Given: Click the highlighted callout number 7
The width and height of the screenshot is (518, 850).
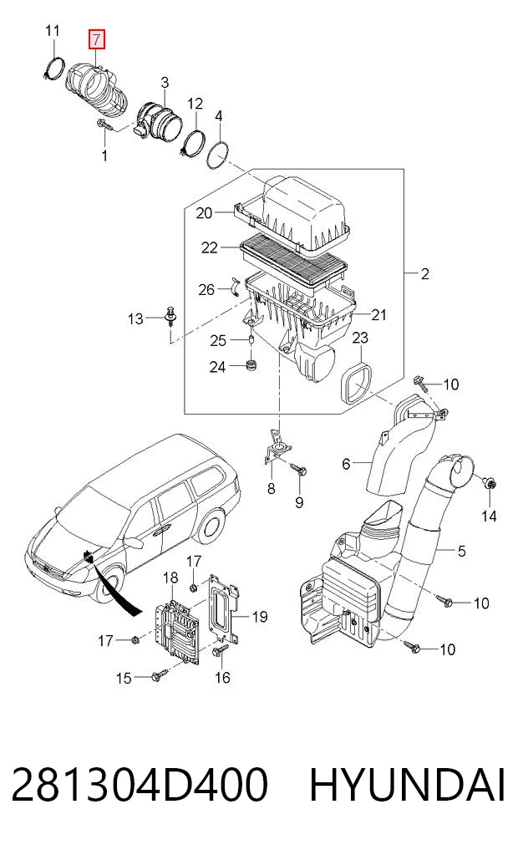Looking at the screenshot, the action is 96,39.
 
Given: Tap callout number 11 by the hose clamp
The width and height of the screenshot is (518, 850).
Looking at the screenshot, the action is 52,30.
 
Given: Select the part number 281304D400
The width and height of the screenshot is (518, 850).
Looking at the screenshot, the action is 140,785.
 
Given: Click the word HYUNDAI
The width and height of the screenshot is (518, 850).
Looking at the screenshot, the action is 408,785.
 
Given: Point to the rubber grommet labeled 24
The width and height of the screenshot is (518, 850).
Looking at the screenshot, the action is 251,365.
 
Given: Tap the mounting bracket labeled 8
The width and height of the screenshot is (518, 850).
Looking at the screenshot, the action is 277,446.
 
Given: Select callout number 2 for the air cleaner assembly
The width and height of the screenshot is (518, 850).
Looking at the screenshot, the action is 424,274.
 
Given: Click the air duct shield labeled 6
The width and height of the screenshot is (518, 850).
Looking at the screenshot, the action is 402,448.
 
